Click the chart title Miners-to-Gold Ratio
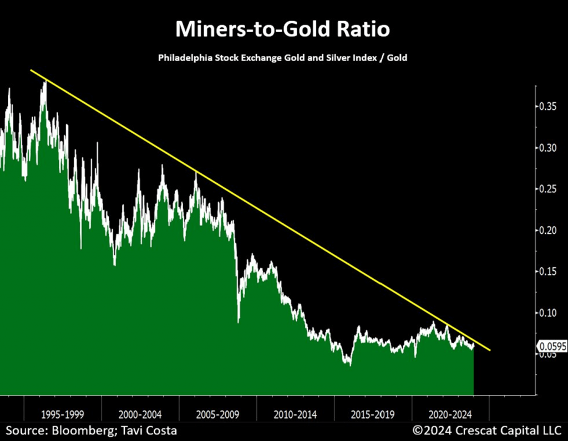tap(283, 29)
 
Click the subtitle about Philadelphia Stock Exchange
tap(283, 58)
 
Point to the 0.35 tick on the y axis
tap(549, 107)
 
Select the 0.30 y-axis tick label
tap(549, 148)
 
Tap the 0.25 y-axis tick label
tap(549, 189)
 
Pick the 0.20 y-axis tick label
tap(549, 230)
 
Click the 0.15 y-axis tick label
tap(549, 271)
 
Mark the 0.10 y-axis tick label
tap(549, 312)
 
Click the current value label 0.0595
tap(552, 347)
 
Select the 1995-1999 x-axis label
tap(62, 414)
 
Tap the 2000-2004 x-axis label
tap(140, 414)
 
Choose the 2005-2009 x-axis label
tap(217, 414)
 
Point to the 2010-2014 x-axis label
tap(295, 414)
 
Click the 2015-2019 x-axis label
tap(373, 414)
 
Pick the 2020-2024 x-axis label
tap(450, 414)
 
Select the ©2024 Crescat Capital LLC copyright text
tap(487, 430)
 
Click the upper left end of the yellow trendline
tap(31, 70)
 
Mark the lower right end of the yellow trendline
tap(490, 350)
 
